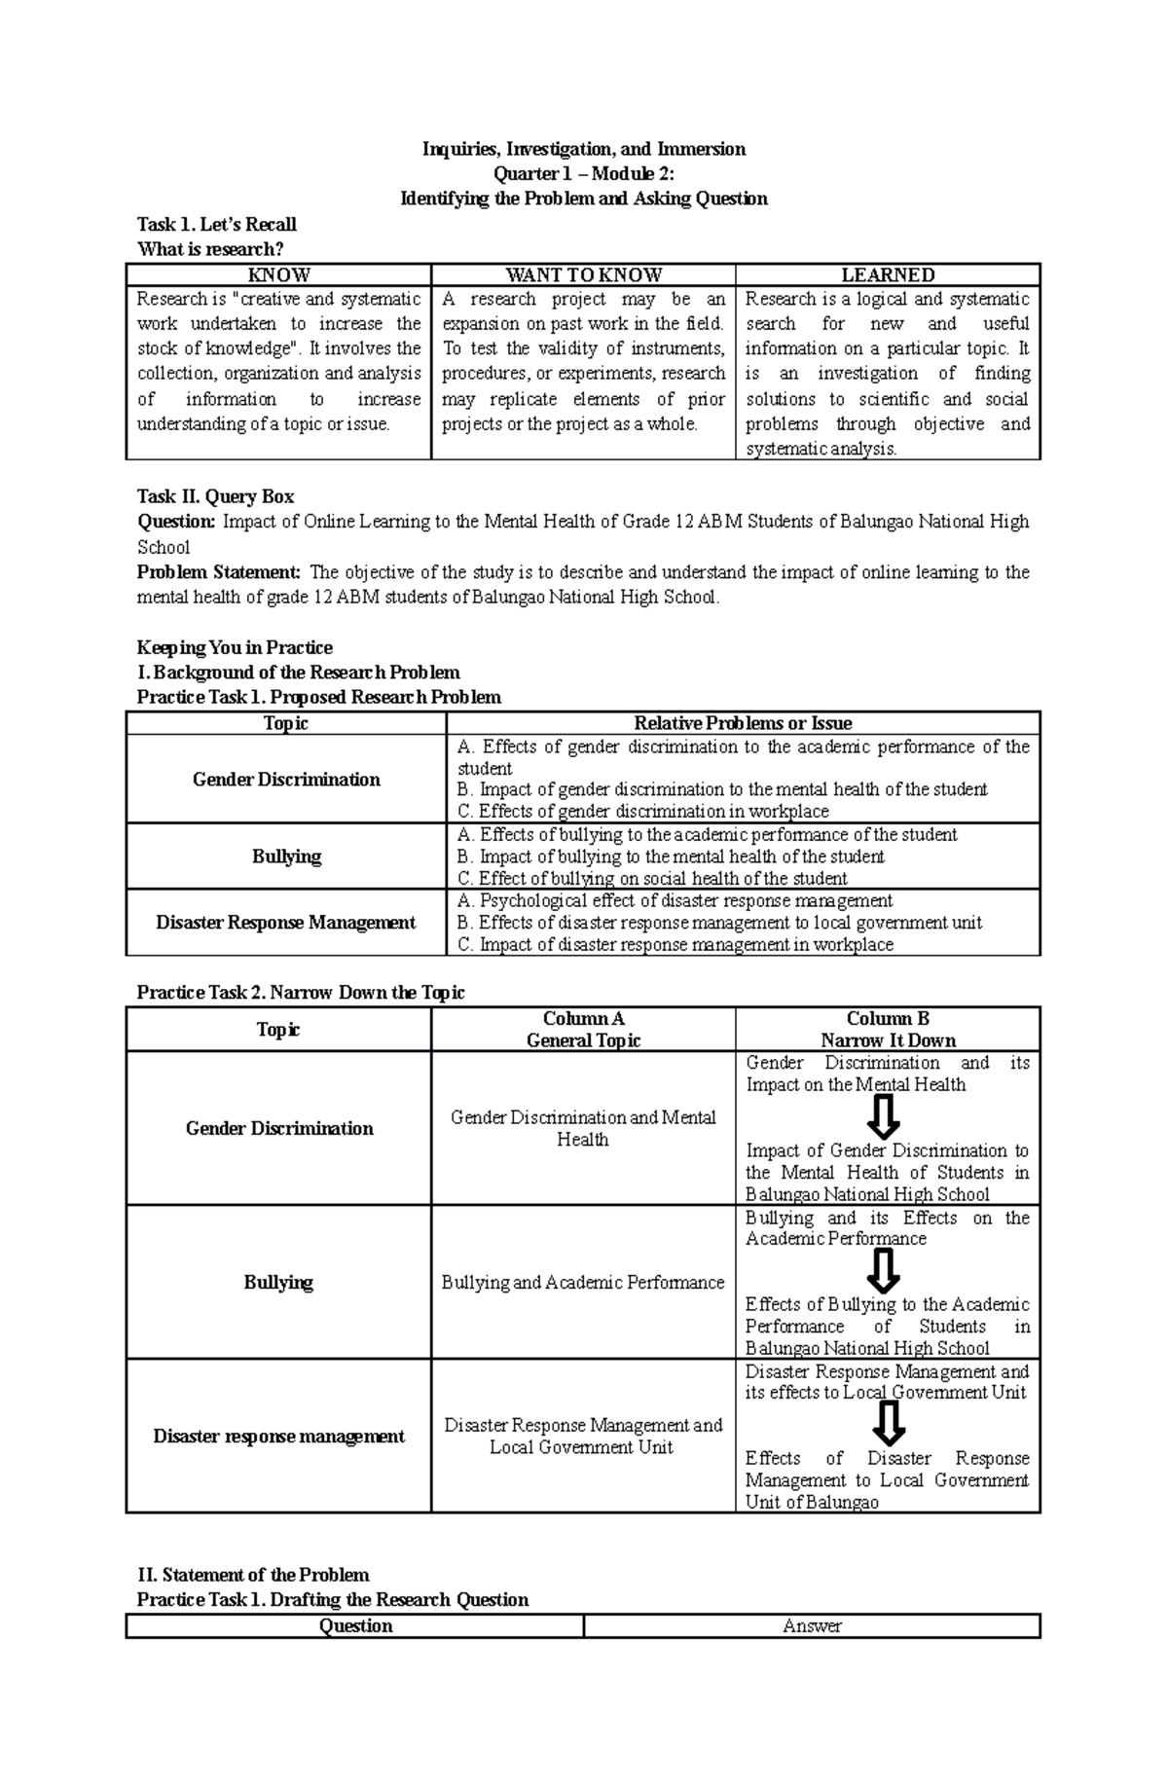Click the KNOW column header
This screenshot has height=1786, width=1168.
tap(278, 275)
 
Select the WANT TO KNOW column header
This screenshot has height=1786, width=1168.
tap(583, 275)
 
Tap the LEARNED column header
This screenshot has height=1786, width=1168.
tap(888, 275)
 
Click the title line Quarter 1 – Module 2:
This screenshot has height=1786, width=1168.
tap(583, 174)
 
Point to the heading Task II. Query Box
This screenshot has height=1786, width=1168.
tap(215, 496)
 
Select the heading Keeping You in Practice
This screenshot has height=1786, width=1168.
tap(235, 647)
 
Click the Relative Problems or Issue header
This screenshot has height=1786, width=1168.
tap(743, 723)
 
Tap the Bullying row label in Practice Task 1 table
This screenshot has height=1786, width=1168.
tap(286, 857)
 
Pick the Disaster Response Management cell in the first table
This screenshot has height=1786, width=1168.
tap(286, 923)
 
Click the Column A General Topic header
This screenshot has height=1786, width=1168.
tap(583, 1030)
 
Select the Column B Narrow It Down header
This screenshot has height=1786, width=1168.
tap(888, 1030)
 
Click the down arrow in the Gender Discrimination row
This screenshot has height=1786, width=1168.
tap(883, 1117)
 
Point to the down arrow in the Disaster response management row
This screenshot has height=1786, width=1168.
tap(888, 1425)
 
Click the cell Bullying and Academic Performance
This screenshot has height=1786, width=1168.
tap(583, 1283)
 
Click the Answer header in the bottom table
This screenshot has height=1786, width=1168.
tap(812, 1626)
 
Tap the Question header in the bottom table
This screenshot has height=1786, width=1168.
tap(355, 1626)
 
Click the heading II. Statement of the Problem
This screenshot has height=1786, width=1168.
tap(253, 1575)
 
